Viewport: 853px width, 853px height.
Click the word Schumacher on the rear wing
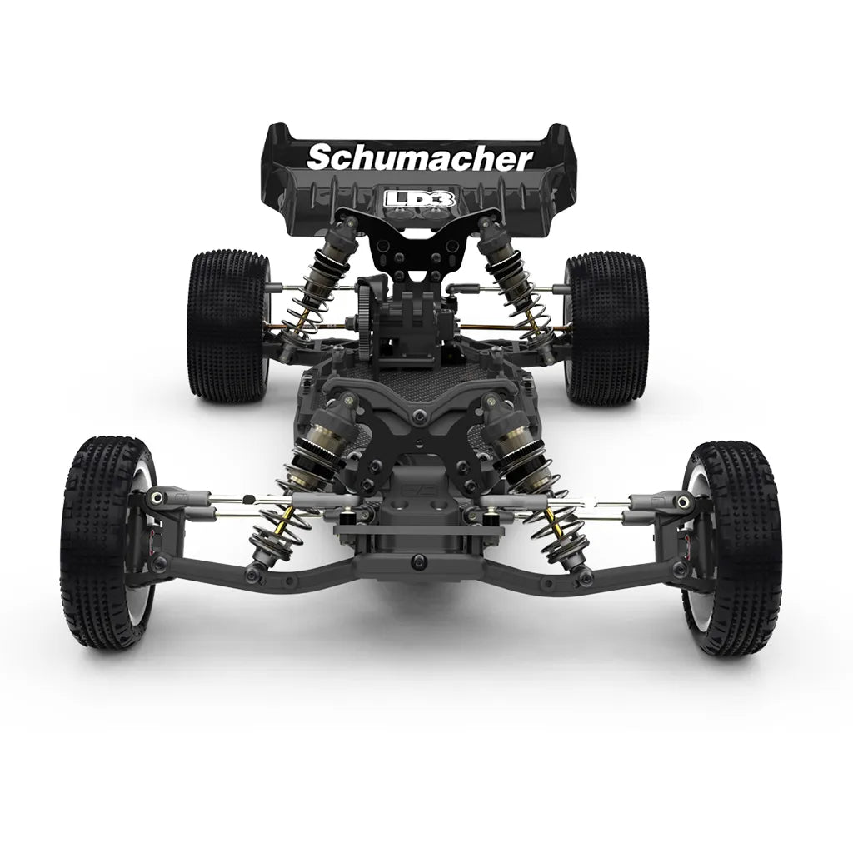click(420, 158)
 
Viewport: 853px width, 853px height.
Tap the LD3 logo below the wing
click(419, 198)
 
